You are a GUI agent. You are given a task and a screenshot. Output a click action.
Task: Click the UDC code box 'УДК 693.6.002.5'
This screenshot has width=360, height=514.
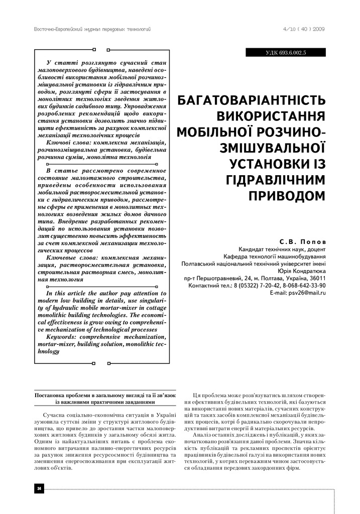285,52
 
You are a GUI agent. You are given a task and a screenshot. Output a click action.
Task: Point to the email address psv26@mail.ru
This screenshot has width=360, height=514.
305,292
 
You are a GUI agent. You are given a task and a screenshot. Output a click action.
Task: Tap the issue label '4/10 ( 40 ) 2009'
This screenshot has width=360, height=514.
304,29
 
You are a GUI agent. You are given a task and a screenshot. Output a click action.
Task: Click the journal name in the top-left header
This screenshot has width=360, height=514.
92,29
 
